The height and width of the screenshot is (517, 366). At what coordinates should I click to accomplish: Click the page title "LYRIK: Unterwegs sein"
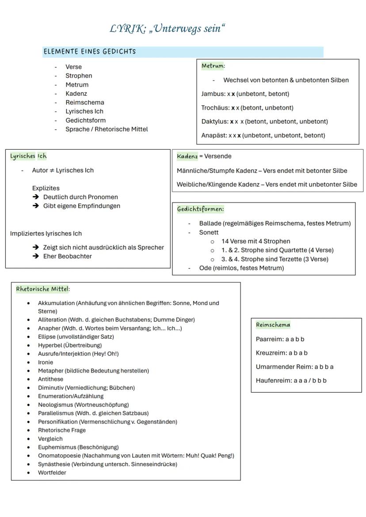point(168,29)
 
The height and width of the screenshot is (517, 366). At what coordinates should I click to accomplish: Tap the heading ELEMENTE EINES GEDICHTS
point(90,52)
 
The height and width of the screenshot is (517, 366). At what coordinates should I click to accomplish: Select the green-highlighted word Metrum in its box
point(212,66)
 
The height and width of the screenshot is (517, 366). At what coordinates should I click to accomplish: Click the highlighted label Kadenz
point(187,156)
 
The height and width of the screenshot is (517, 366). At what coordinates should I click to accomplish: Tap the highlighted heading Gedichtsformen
point(200,209)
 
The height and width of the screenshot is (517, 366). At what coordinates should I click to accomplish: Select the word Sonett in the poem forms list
point(209,232)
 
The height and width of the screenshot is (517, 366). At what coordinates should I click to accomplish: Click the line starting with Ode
point(241,268)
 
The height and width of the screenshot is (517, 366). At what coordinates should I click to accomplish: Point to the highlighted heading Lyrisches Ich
point(28,156)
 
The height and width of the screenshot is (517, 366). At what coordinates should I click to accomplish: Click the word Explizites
point(46,188)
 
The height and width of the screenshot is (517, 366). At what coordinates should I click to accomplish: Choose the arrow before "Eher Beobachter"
point(36,257)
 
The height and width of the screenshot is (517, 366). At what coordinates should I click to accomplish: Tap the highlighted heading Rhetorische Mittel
point(42,289)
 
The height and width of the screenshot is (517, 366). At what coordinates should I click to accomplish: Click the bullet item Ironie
point(46,362)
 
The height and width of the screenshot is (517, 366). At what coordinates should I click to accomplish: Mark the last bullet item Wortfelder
point(52,473)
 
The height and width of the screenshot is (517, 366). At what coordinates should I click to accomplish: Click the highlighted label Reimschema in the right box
point(273,325)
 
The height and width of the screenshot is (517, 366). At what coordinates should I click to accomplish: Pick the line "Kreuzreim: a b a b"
point(282,353)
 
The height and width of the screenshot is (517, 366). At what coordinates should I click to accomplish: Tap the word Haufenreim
point(274,381)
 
